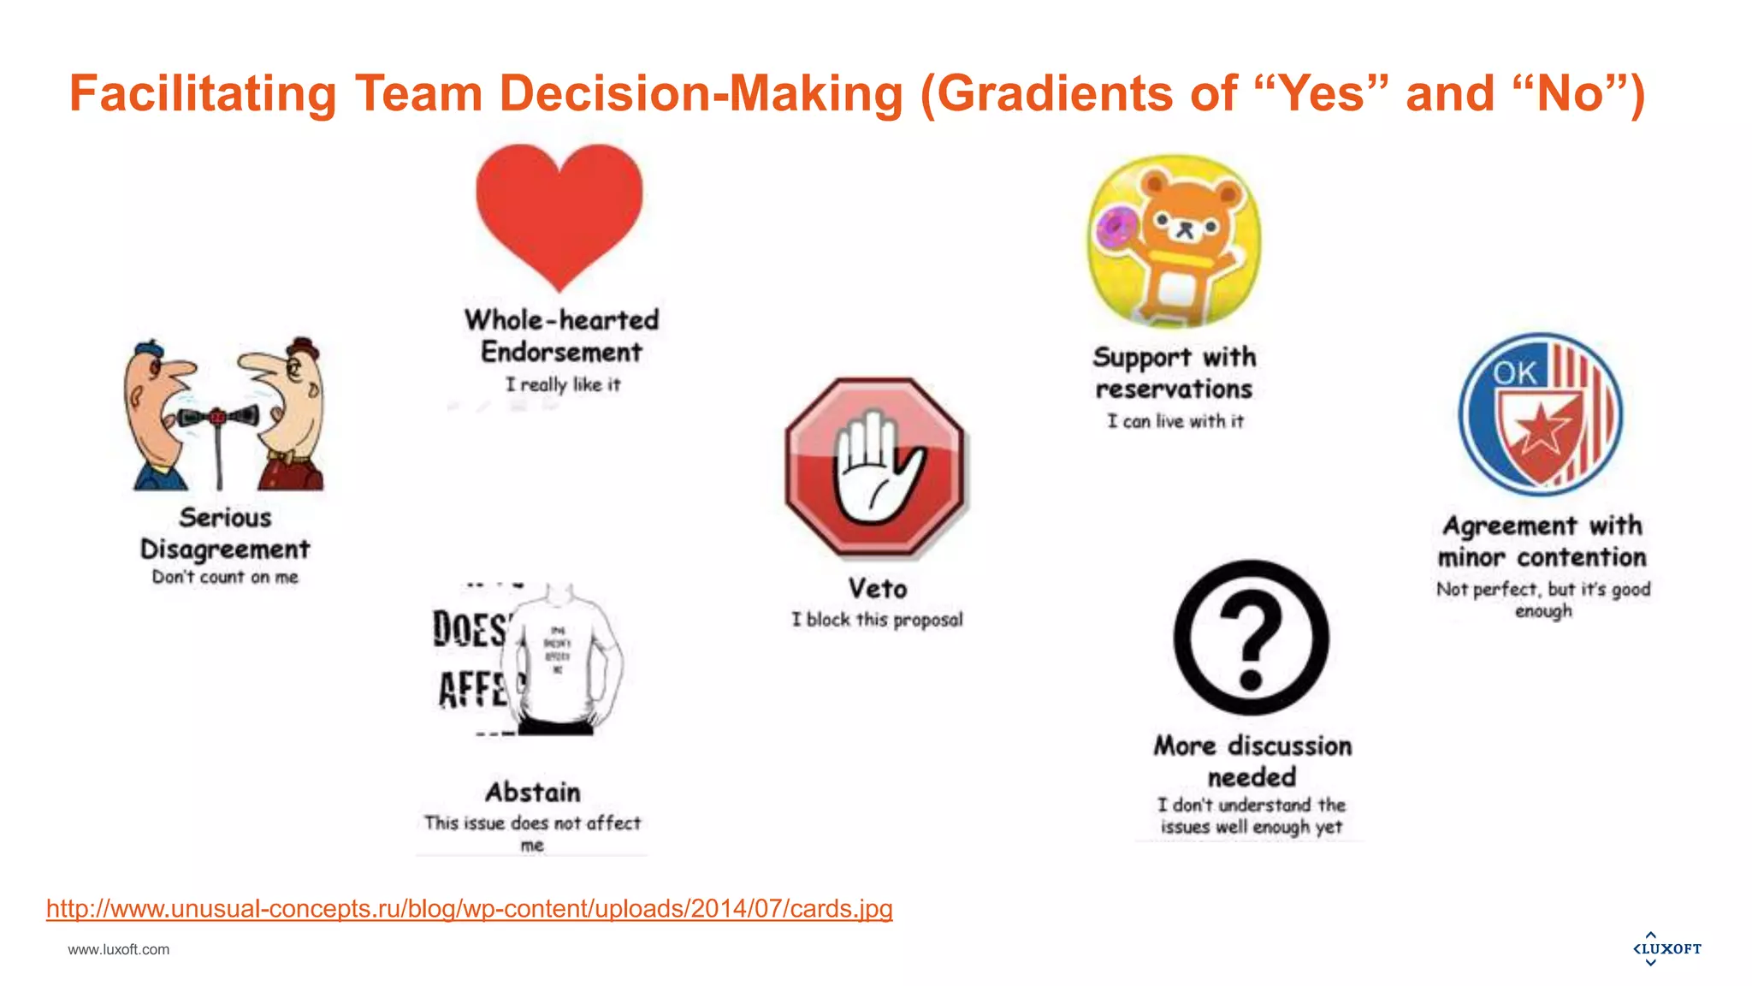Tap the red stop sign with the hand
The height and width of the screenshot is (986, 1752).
coord(875,466)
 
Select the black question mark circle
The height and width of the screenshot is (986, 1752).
coord(1251,638)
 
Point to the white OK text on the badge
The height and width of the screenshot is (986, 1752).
coord(1515,372)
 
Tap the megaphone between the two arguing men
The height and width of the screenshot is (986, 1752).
coord(219,418)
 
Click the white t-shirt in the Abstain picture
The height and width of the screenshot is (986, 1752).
coord(560,659)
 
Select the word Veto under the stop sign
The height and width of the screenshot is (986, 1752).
coord(878,589)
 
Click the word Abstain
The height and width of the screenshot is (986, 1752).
coord(533,792)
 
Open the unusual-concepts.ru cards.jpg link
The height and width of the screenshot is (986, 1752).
coord(469,908)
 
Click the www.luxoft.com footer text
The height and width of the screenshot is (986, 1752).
coord(119,949)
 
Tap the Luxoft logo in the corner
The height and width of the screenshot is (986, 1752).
coord(1666,948)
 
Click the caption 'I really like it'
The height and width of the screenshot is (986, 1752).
coord(563,384)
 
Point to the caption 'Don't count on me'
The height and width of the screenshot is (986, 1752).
coord(225,577)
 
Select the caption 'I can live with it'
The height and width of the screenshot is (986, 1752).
coord(1175,421)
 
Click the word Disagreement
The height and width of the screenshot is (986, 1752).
coord(225,549)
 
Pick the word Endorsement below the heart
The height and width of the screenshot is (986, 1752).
coord(561,352)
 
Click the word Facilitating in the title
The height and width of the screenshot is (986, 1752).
coord(203,93)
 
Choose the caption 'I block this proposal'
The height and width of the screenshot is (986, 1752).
coord(877,619)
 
